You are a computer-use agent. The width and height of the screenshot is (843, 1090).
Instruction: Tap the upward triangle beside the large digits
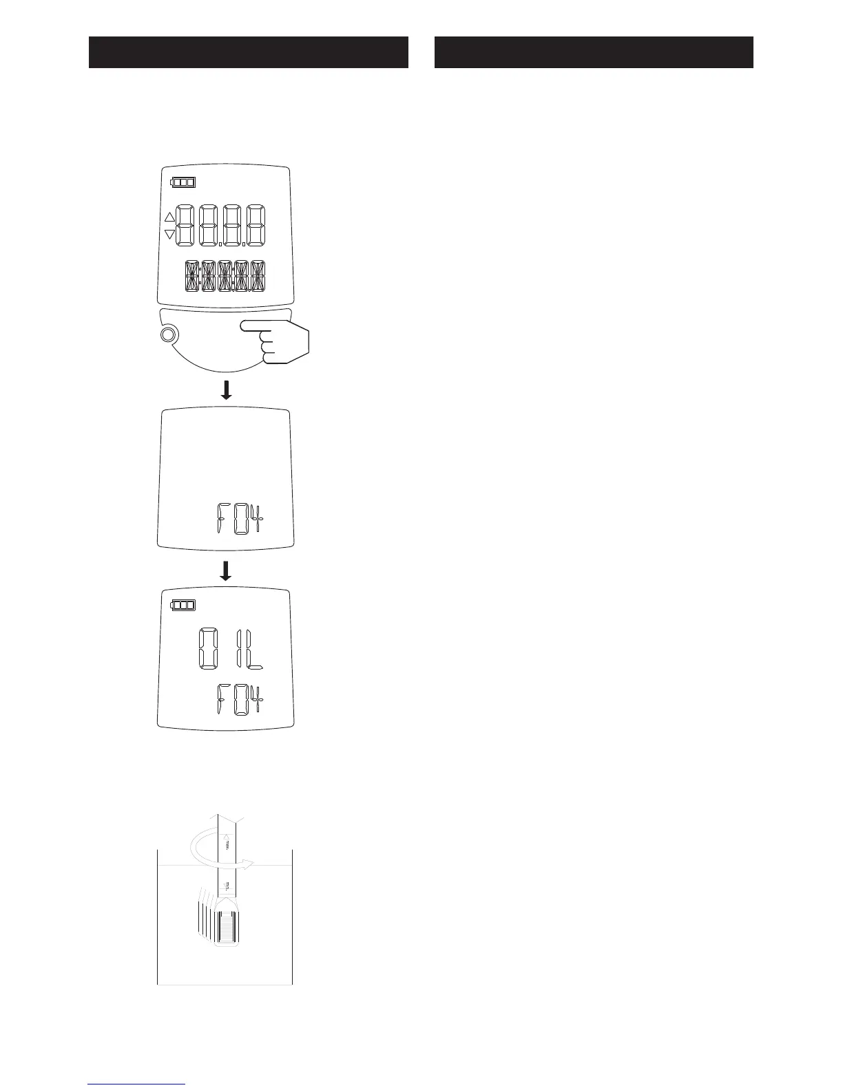click(170, 217)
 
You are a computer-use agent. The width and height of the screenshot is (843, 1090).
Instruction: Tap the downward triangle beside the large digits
click(170, 235)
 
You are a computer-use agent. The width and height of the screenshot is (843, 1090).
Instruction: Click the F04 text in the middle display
click(240, 520)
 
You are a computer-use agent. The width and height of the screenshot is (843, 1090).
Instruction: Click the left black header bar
click(249, 52)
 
